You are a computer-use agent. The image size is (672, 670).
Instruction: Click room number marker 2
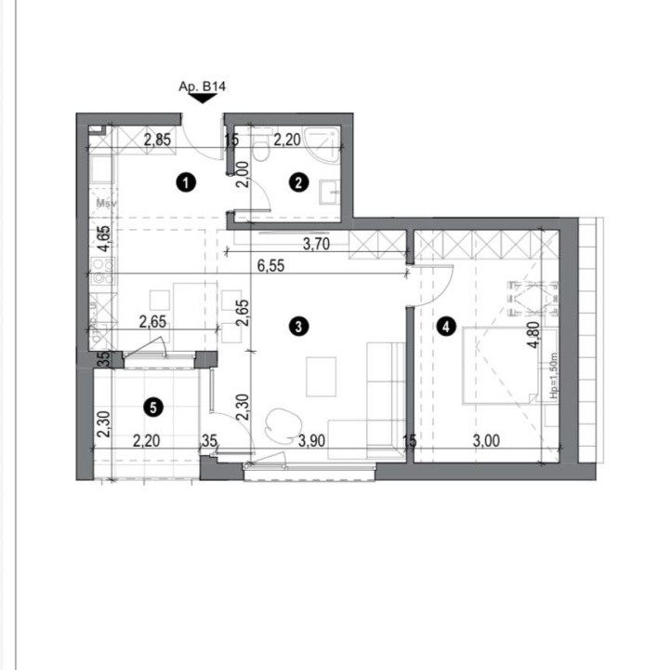[297, 182]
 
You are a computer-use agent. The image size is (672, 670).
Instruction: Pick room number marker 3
[297, 326]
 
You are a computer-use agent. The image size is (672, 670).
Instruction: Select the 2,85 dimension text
[157, 141]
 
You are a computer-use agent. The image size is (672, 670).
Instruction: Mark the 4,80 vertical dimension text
[534, 333]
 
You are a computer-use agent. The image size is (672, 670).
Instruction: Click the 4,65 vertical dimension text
[103, 240]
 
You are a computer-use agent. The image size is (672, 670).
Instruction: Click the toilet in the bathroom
[264, 148]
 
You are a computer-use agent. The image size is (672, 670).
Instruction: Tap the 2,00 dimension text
[242, 175]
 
